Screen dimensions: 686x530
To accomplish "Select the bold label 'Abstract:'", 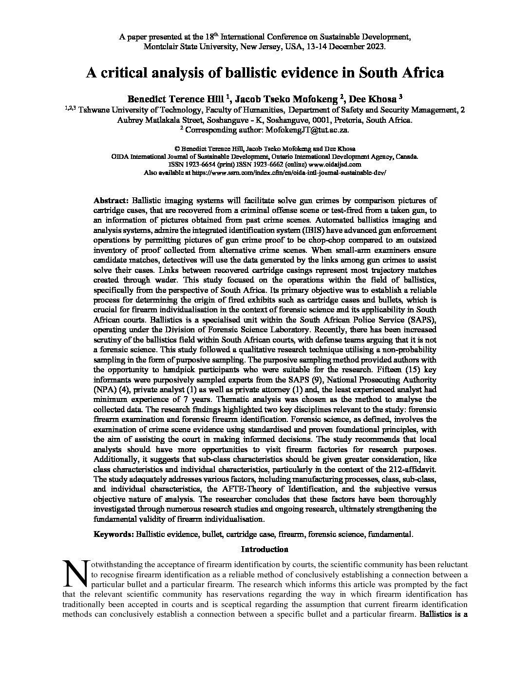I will click(x=111, y=200).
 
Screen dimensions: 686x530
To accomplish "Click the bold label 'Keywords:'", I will click(x=114, y=534).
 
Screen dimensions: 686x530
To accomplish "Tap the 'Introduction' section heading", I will click(x=265, y=550).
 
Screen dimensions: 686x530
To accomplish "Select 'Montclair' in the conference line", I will click(x=160, y=47).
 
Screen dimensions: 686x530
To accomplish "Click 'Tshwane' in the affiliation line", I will click(x=95, y=110).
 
